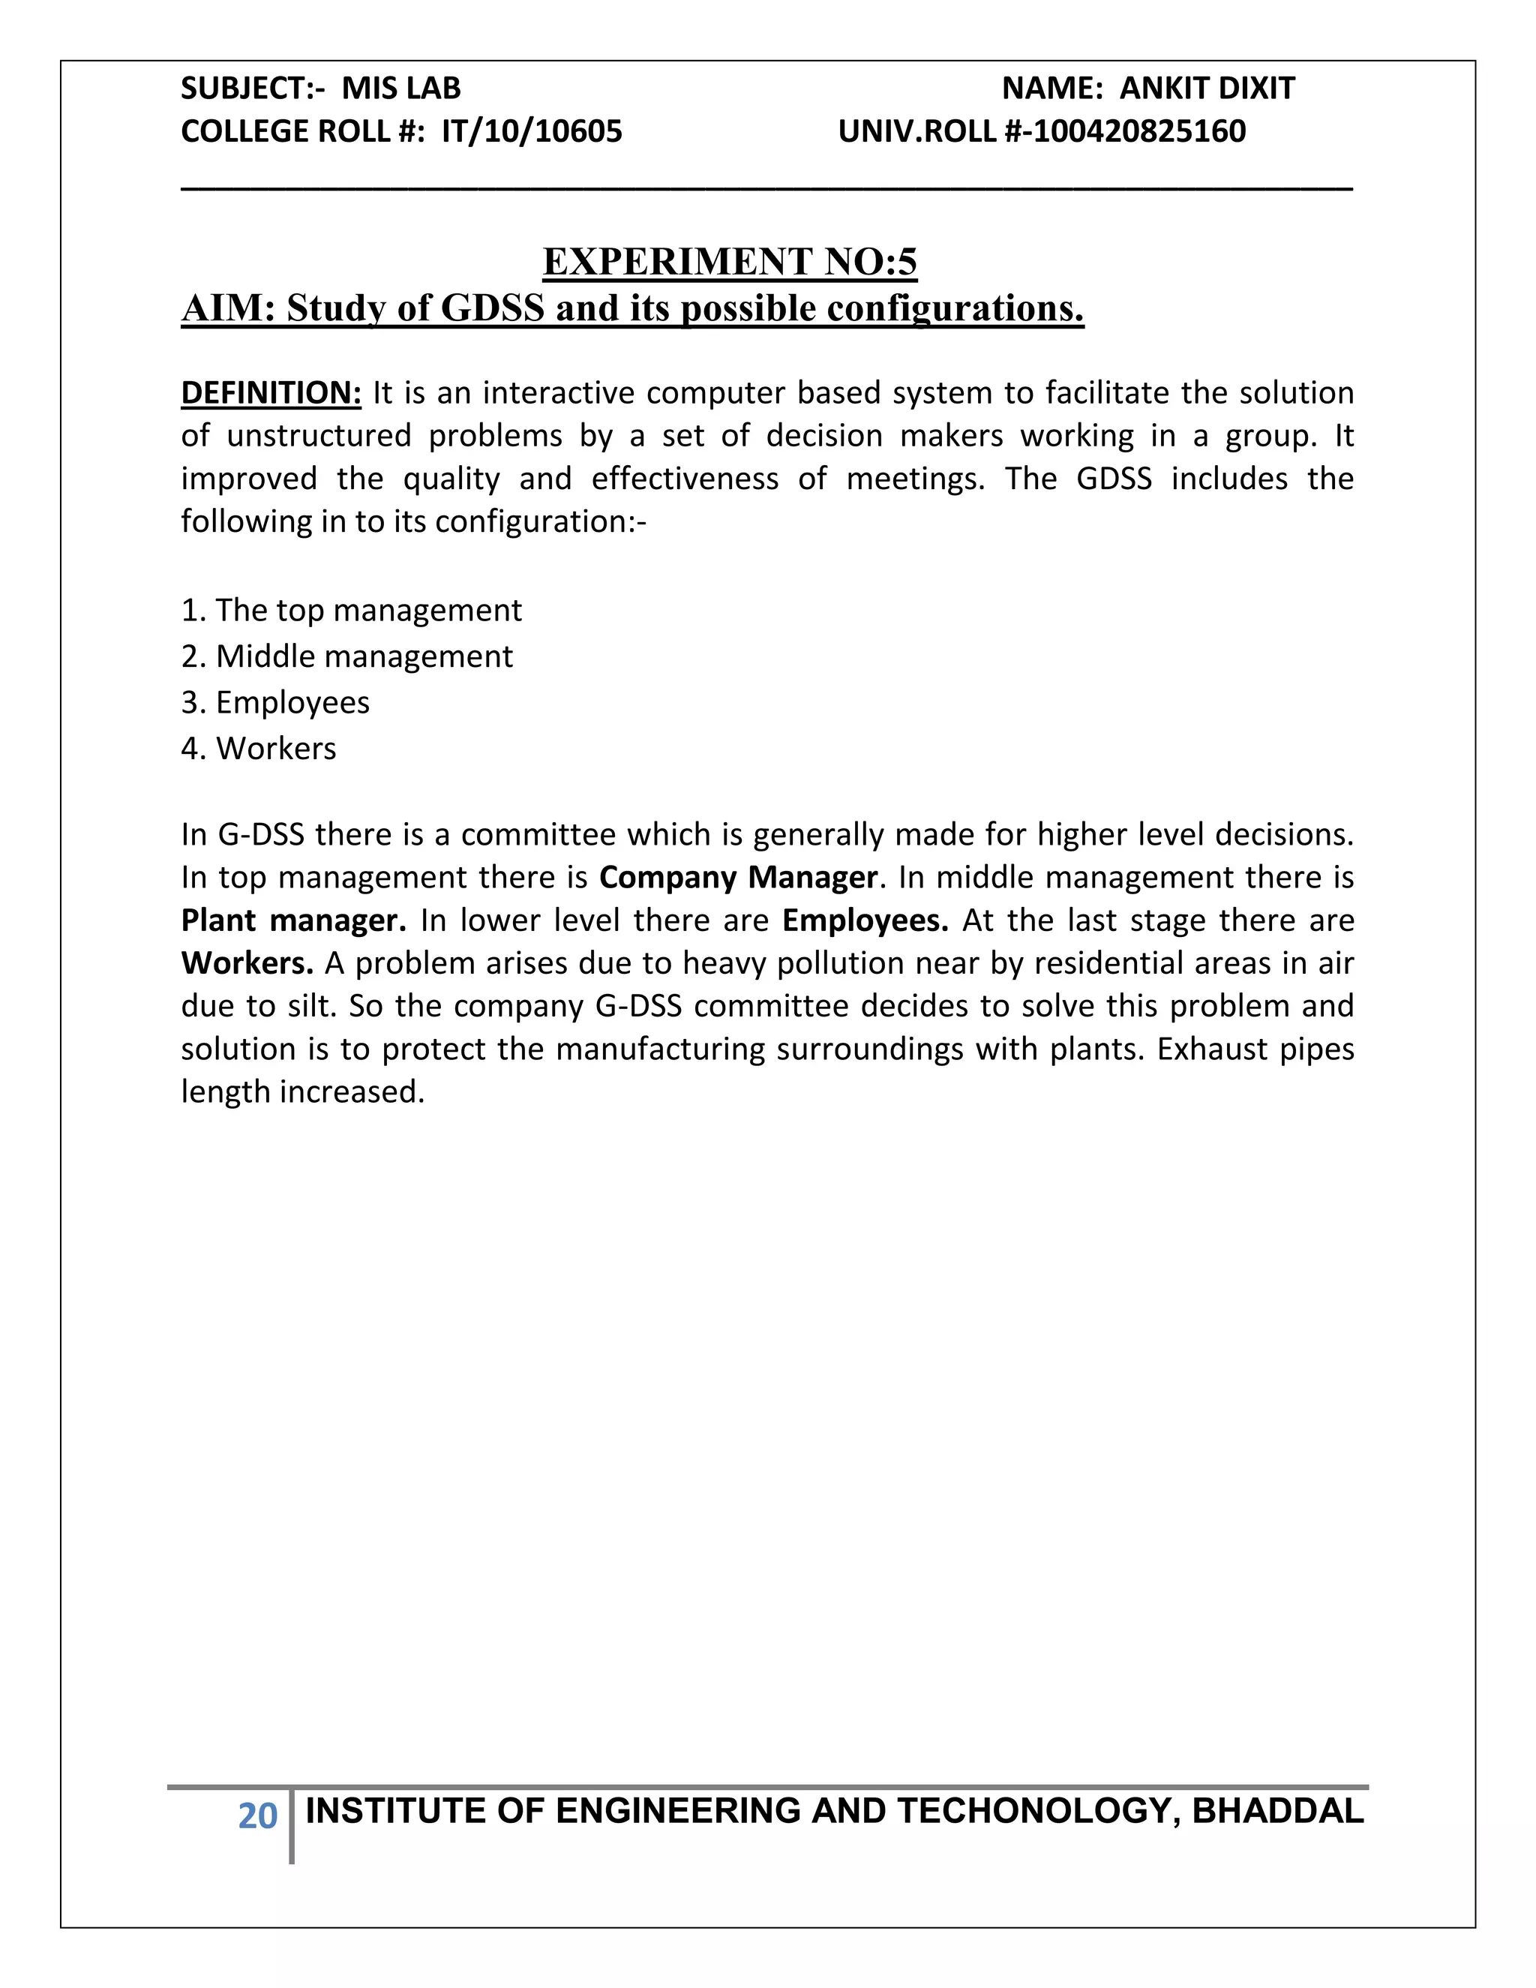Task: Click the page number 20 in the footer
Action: point(257,1816)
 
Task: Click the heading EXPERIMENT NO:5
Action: point(730,262)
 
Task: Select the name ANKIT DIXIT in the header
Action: point(1207,89)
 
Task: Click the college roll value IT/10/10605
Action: point(532,132)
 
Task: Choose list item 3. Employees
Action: point(276,703)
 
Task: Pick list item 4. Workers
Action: point(259,748)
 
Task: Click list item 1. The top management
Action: point(351,610)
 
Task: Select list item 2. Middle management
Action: point(346,656)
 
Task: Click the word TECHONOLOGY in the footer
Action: point(1032,1812)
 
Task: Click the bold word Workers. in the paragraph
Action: point(247,963)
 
